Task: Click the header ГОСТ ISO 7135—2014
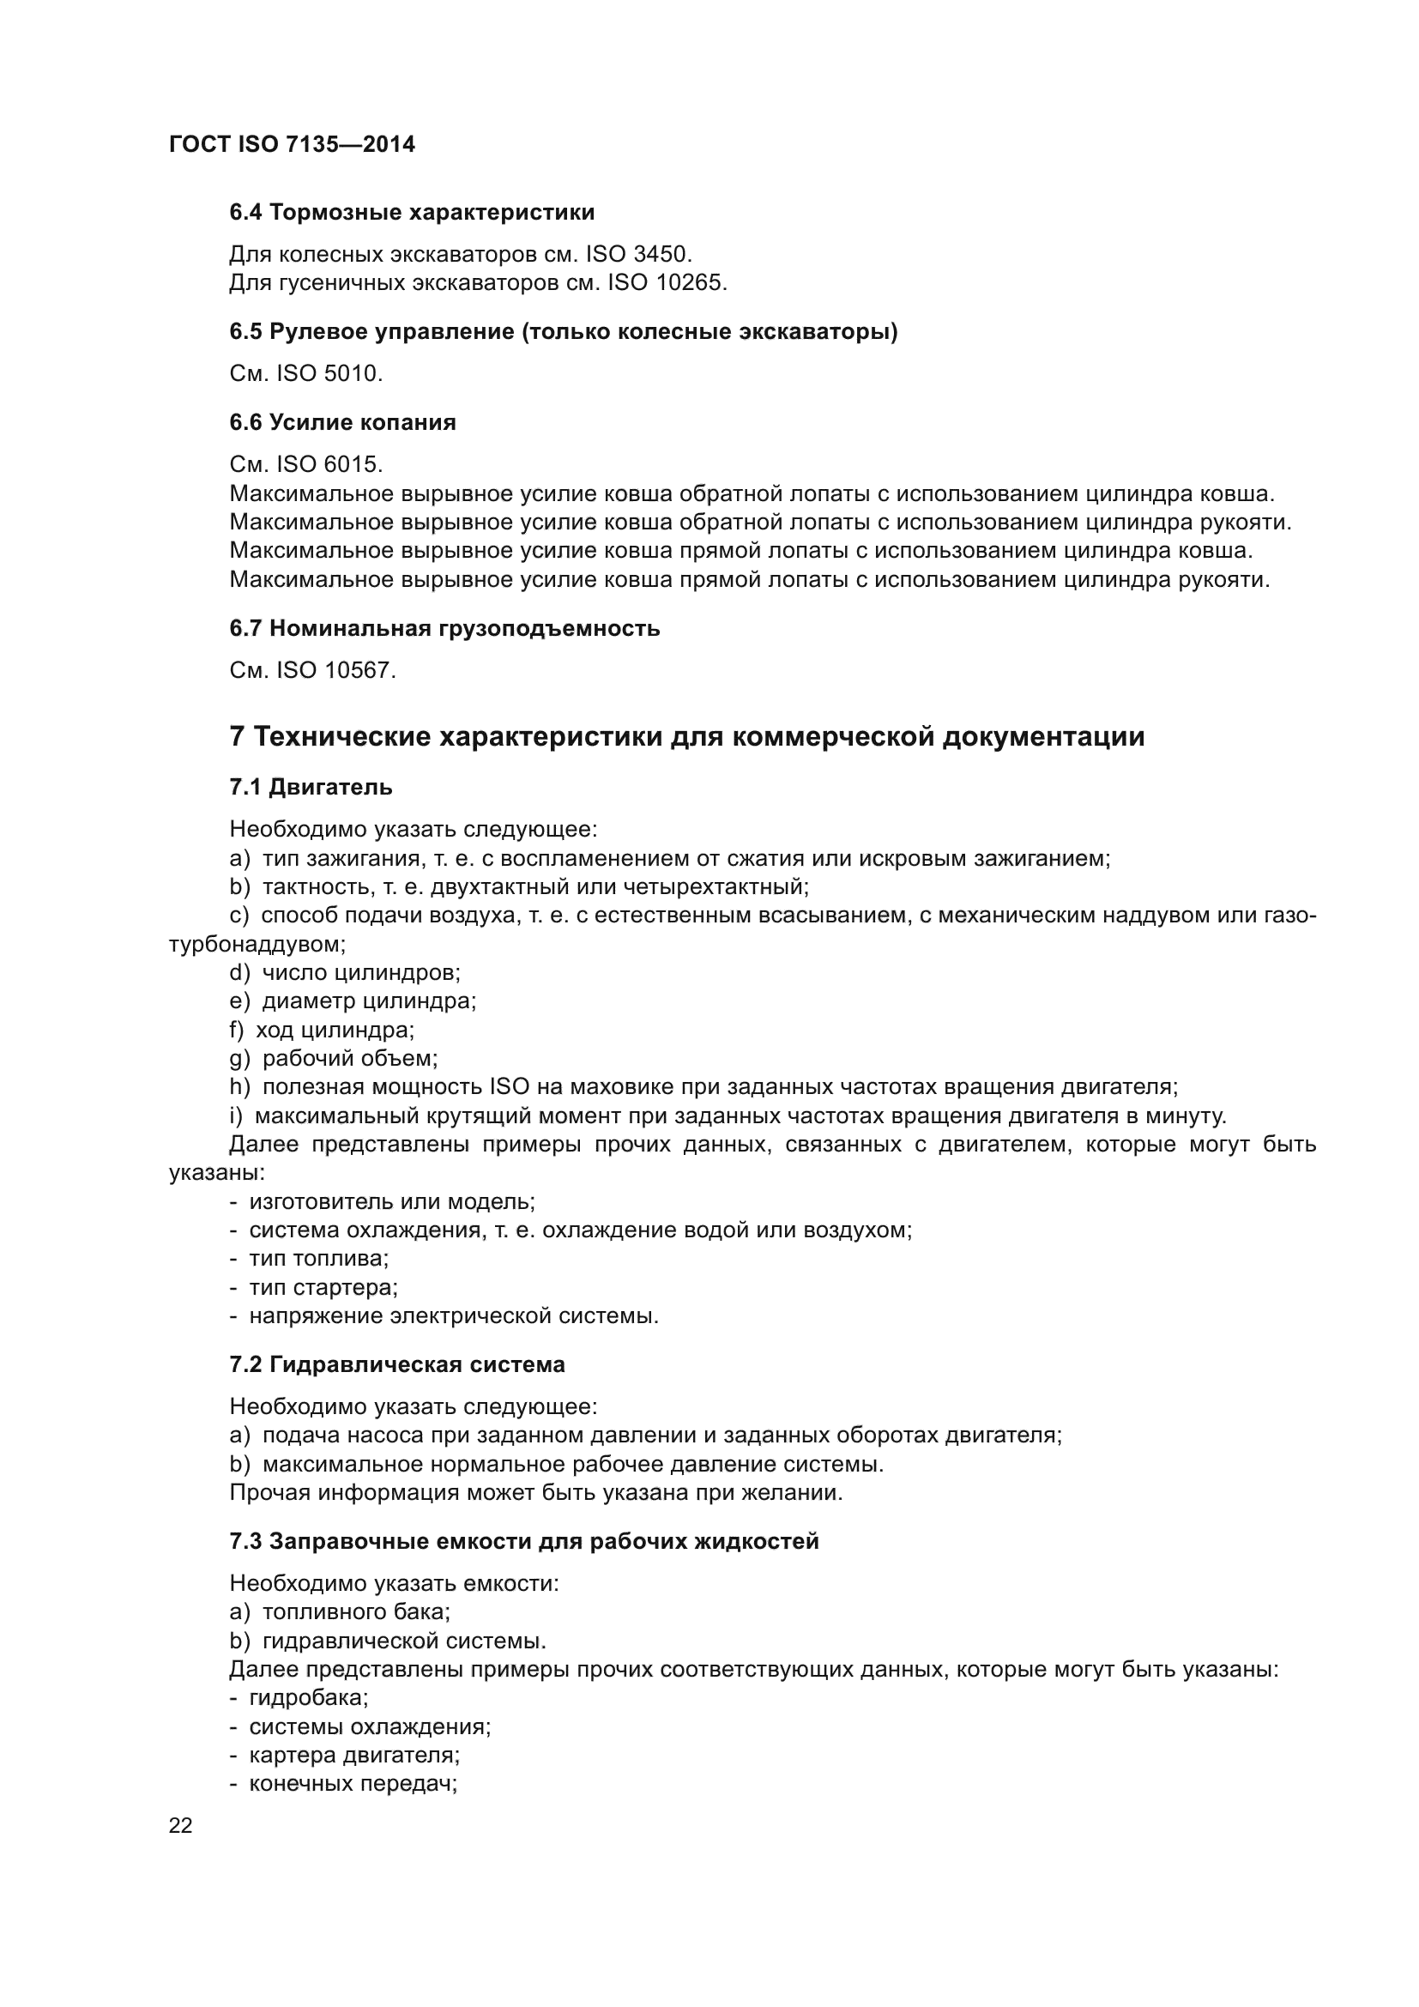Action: (292, 144)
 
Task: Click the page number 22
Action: (181, 1825)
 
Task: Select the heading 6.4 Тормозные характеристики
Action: (412, 213)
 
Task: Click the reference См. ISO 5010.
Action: (305, 374)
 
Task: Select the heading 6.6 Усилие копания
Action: (342, 423)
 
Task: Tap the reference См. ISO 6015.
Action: (305, 464)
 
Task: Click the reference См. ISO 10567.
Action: (313, 670)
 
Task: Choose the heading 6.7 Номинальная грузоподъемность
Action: (444, 628)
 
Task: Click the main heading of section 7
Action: (687, 737)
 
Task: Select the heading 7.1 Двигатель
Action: (311, 788)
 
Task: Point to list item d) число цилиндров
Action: (345, 972)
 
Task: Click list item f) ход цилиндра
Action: (322, 1030)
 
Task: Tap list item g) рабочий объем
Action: (334, 1059)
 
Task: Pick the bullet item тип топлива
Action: (310, 1259)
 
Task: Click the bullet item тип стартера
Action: (314, 1288)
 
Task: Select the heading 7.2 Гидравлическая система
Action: (397, 1364)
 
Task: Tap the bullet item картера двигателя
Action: (344, 1756)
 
